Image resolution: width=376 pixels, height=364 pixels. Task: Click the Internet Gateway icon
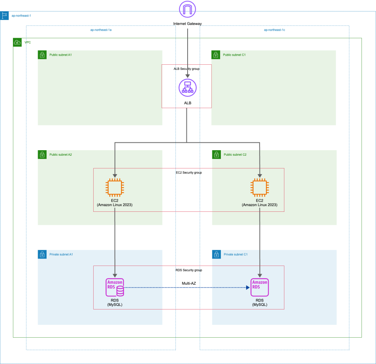(187, 9)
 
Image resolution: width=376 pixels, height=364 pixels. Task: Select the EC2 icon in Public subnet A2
(114, 187)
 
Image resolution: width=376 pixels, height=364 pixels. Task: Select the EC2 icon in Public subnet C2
(259, 187)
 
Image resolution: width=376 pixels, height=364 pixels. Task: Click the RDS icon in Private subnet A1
(115, 288)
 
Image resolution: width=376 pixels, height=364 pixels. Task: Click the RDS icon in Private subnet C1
(260, 288)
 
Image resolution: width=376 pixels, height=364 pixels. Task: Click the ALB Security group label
(186, 69)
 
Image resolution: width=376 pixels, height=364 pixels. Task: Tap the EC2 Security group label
(188, 172)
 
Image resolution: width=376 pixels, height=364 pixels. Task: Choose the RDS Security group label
(188, 270)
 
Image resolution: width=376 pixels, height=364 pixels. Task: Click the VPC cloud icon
(17, 42)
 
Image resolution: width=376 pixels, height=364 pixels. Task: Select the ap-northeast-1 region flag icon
(5, 16)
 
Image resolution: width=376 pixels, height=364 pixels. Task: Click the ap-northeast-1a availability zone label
(101, 30)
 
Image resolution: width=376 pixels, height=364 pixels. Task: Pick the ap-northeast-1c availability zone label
(274, 30)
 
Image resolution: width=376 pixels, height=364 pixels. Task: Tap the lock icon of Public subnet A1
(42, 55)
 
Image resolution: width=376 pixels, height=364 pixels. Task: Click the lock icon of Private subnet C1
(216, 255)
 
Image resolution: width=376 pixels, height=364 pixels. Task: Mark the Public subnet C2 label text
(235, 155)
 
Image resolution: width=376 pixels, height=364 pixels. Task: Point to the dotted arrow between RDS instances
(186, 288)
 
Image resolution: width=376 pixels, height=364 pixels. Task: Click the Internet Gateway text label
(187, 24)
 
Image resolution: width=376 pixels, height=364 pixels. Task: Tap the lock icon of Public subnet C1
(216, 55)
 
